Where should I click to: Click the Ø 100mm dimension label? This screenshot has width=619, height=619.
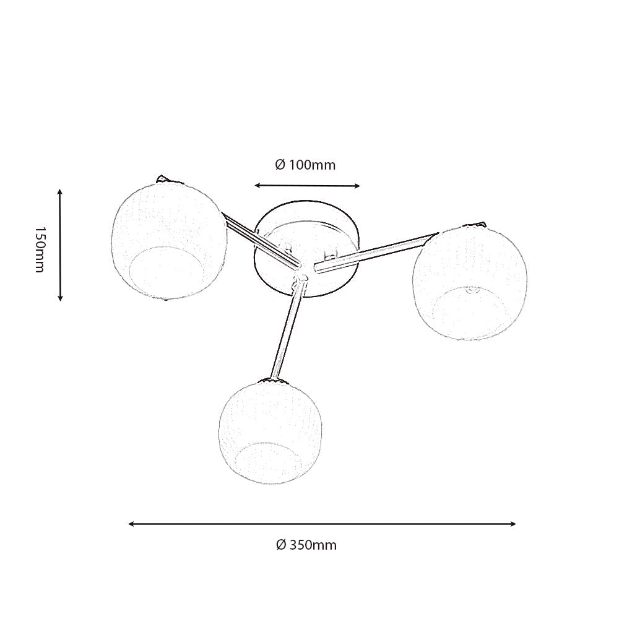point(305,165)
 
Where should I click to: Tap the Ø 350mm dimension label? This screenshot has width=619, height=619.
point(306,545)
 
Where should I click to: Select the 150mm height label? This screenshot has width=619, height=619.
point(40,249)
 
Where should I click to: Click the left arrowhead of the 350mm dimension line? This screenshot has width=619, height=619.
point(132,524)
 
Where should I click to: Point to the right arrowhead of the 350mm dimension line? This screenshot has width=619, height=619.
point(513,524)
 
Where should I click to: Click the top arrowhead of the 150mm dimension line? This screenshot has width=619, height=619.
point(60,192)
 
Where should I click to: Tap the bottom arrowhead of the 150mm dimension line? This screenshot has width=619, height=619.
point(60,298)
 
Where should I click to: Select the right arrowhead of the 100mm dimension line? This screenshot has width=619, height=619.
point(357,186)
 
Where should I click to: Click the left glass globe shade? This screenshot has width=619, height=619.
point(169,240)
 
